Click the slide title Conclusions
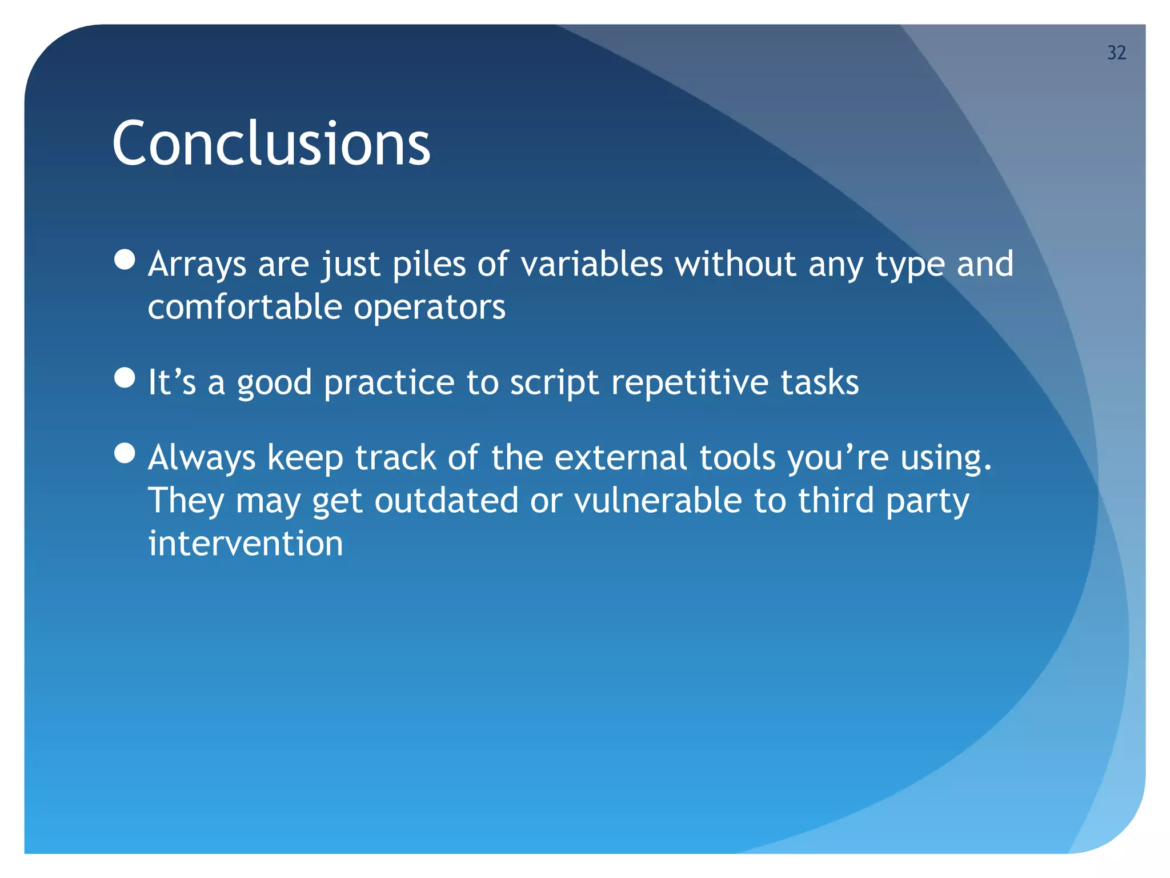(x=271, y=143)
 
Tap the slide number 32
(x=1116, y=53)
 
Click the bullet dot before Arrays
(x=125, y=260)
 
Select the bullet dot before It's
(x=125, y=378)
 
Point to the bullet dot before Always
(x=125, y=453)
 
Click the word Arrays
(x=197, y=265)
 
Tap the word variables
(x=592, y=264)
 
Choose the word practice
(x=389, y=383)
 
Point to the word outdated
(x=446, y=501)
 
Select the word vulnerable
(x=658, y=501)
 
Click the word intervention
(x=246, y=543)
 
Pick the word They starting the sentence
(x=186, y=501)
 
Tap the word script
(x=554, y=383)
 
